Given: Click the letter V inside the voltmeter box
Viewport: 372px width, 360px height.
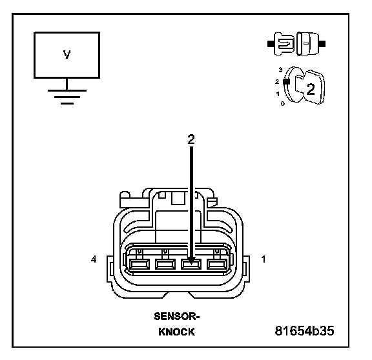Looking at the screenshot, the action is [x=67, y=54].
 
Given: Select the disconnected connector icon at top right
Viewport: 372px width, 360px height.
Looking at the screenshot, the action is [x=296, y=44].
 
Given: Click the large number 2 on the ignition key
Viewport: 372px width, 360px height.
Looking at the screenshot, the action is [x=311, y=89].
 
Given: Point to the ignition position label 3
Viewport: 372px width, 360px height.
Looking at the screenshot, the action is [x=281, y=70].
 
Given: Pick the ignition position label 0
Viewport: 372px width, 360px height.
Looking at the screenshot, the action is [x=283, y=104].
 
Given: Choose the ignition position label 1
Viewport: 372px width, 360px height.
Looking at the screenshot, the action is [x=278, y=94].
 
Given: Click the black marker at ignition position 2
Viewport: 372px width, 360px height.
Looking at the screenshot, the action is [x=287, y=81].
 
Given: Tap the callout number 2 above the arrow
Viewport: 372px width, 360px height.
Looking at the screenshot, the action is [x=191, y=139].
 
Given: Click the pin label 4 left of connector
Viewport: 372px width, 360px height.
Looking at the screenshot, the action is [x=94, y=259].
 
